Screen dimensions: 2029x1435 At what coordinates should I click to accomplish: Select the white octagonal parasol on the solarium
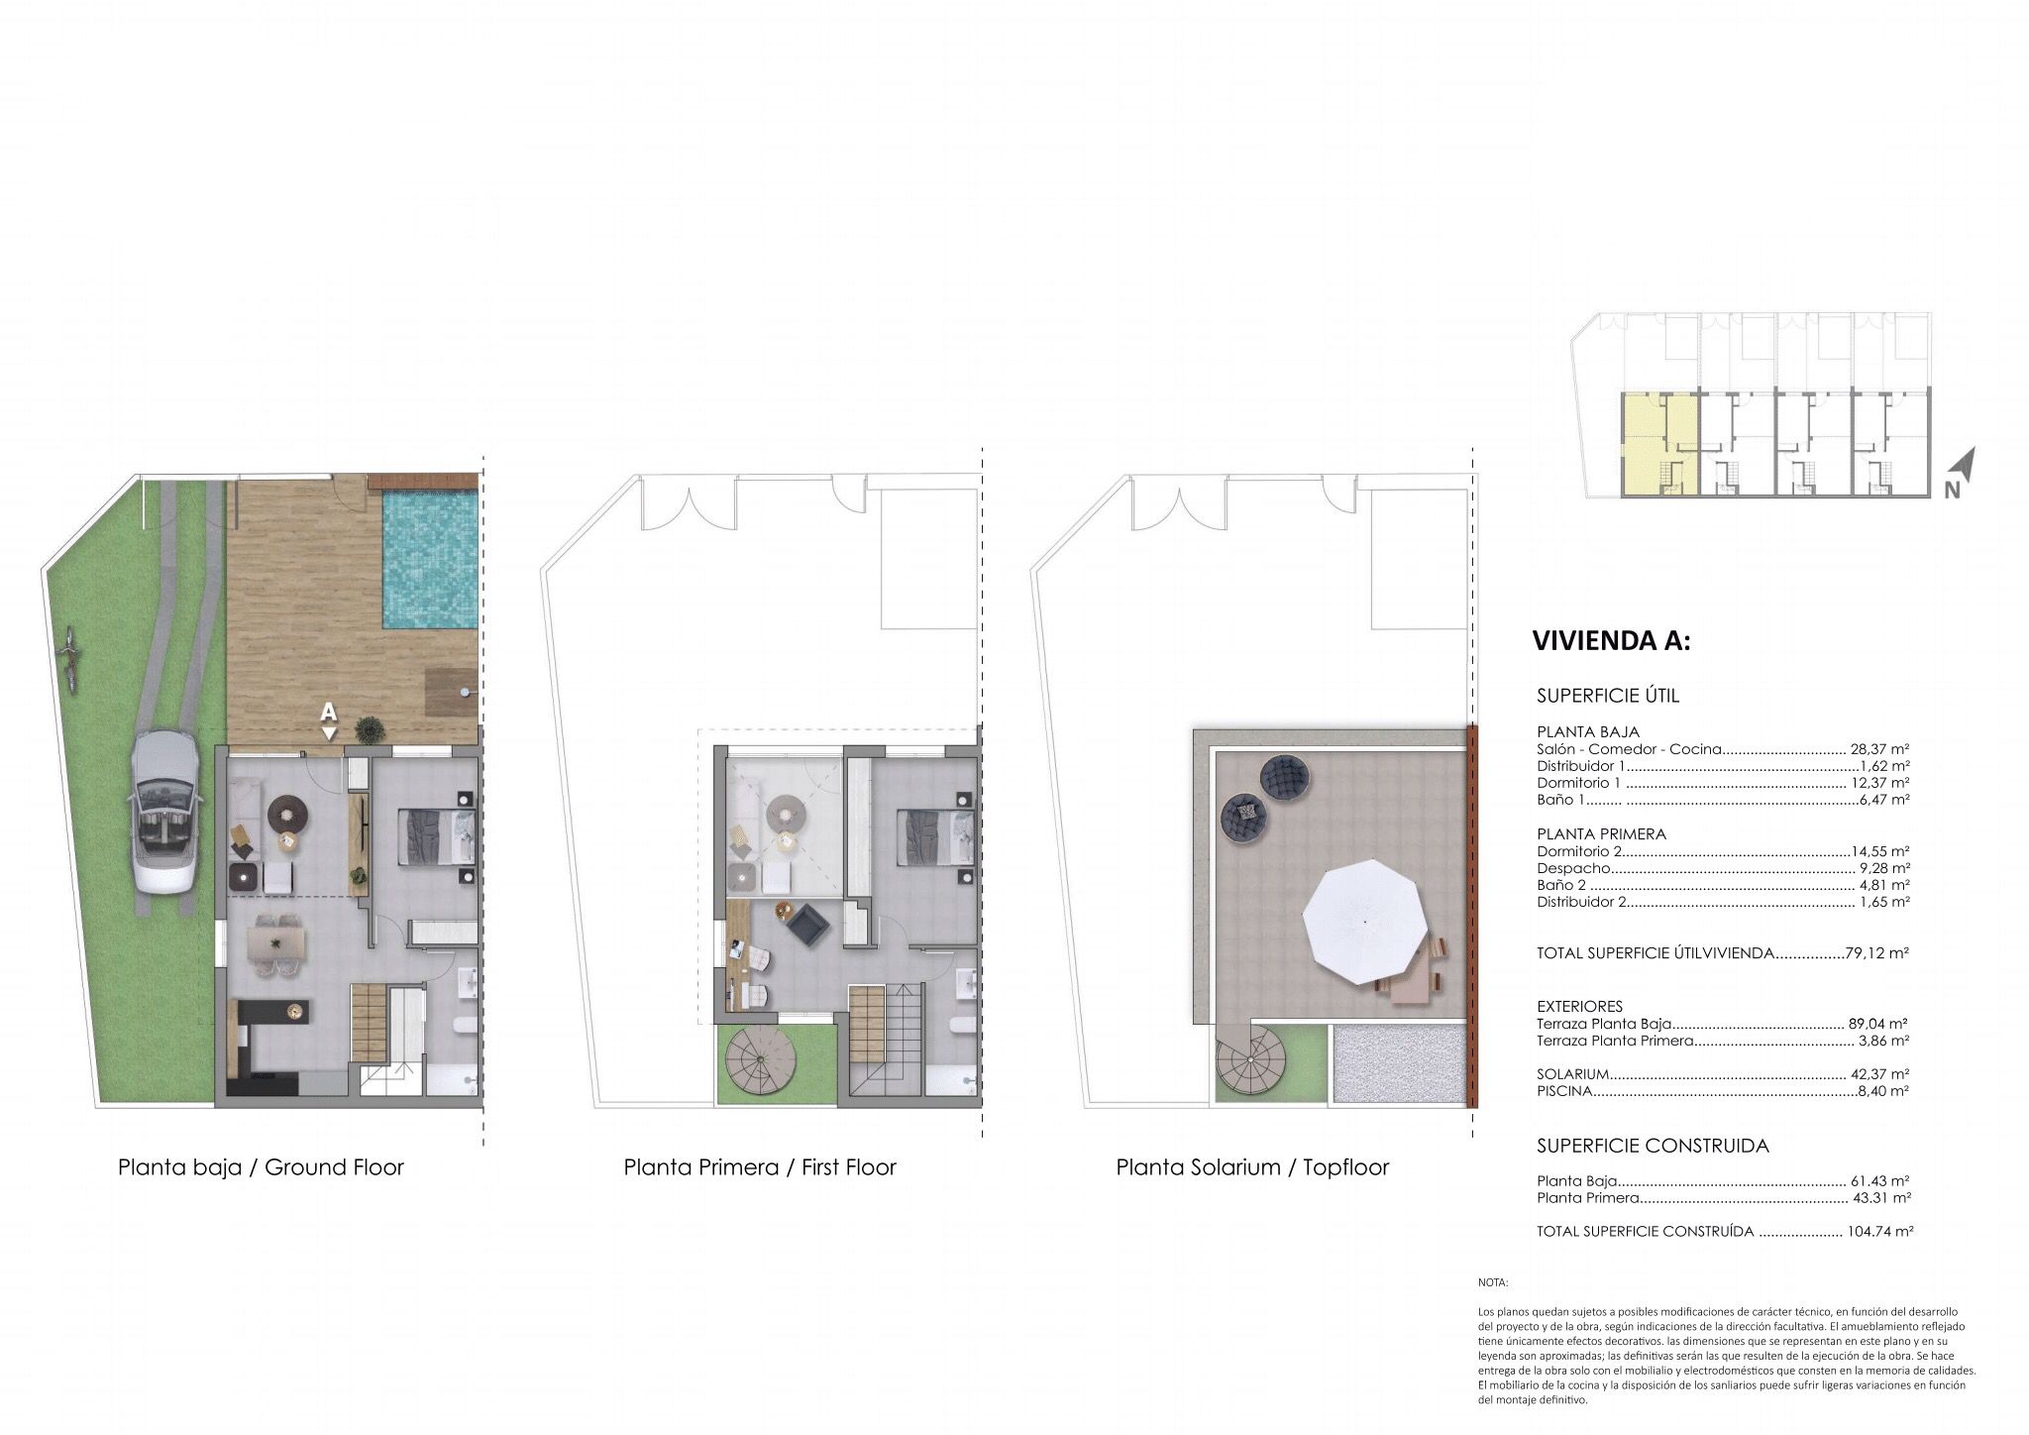(x=1365, y=922)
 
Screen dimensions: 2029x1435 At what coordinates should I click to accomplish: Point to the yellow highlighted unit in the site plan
(x=1659, y=444)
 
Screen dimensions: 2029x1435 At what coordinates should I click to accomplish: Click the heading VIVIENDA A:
(x=1611, y=640)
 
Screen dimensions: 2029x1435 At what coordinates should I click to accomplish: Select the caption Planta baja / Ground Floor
(x=261, y=1167)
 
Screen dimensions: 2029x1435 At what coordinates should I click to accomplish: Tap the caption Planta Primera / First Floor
(x=760, y=1167)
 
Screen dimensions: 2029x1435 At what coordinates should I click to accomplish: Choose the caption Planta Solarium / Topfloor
(x=1252, y=1167)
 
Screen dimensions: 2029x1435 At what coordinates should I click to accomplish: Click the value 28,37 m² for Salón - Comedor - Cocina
(x=1879, y=749)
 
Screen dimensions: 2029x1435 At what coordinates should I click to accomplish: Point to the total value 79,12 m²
(x=1877, y=953)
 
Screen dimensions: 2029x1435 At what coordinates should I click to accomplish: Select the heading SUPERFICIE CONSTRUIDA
(x=1653, y=1146)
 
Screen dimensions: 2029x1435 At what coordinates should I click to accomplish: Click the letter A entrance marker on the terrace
(x=329, y=712)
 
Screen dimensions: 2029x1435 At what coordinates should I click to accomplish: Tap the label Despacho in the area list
(x=1573, y=868)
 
